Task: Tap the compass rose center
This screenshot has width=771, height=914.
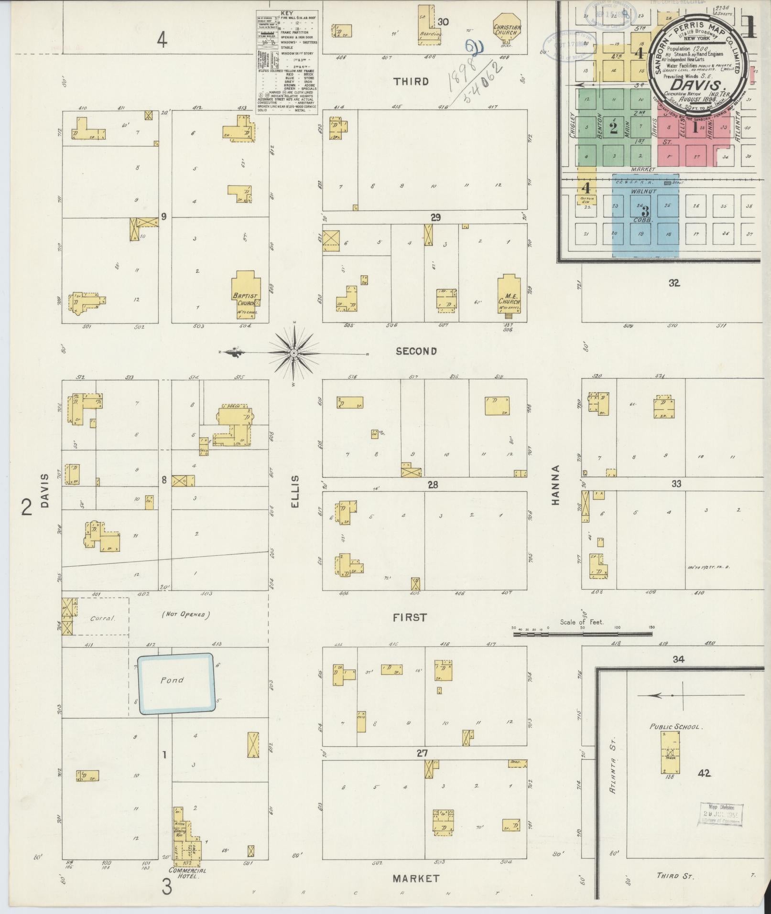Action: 294,353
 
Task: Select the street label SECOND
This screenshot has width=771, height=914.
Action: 416,351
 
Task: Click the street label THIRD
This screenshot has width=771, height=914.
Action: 411,82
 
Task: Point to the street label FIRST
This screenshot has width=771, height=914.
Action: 410,617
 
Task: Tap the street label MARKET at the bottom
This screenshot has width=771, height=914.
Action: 415,878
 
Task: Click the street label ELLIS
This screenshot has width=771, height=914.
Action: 294,491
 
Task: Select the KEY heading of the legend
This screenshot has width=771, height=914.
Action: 287,13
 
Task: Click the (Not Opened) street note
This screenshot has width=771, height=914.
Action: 186,614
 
